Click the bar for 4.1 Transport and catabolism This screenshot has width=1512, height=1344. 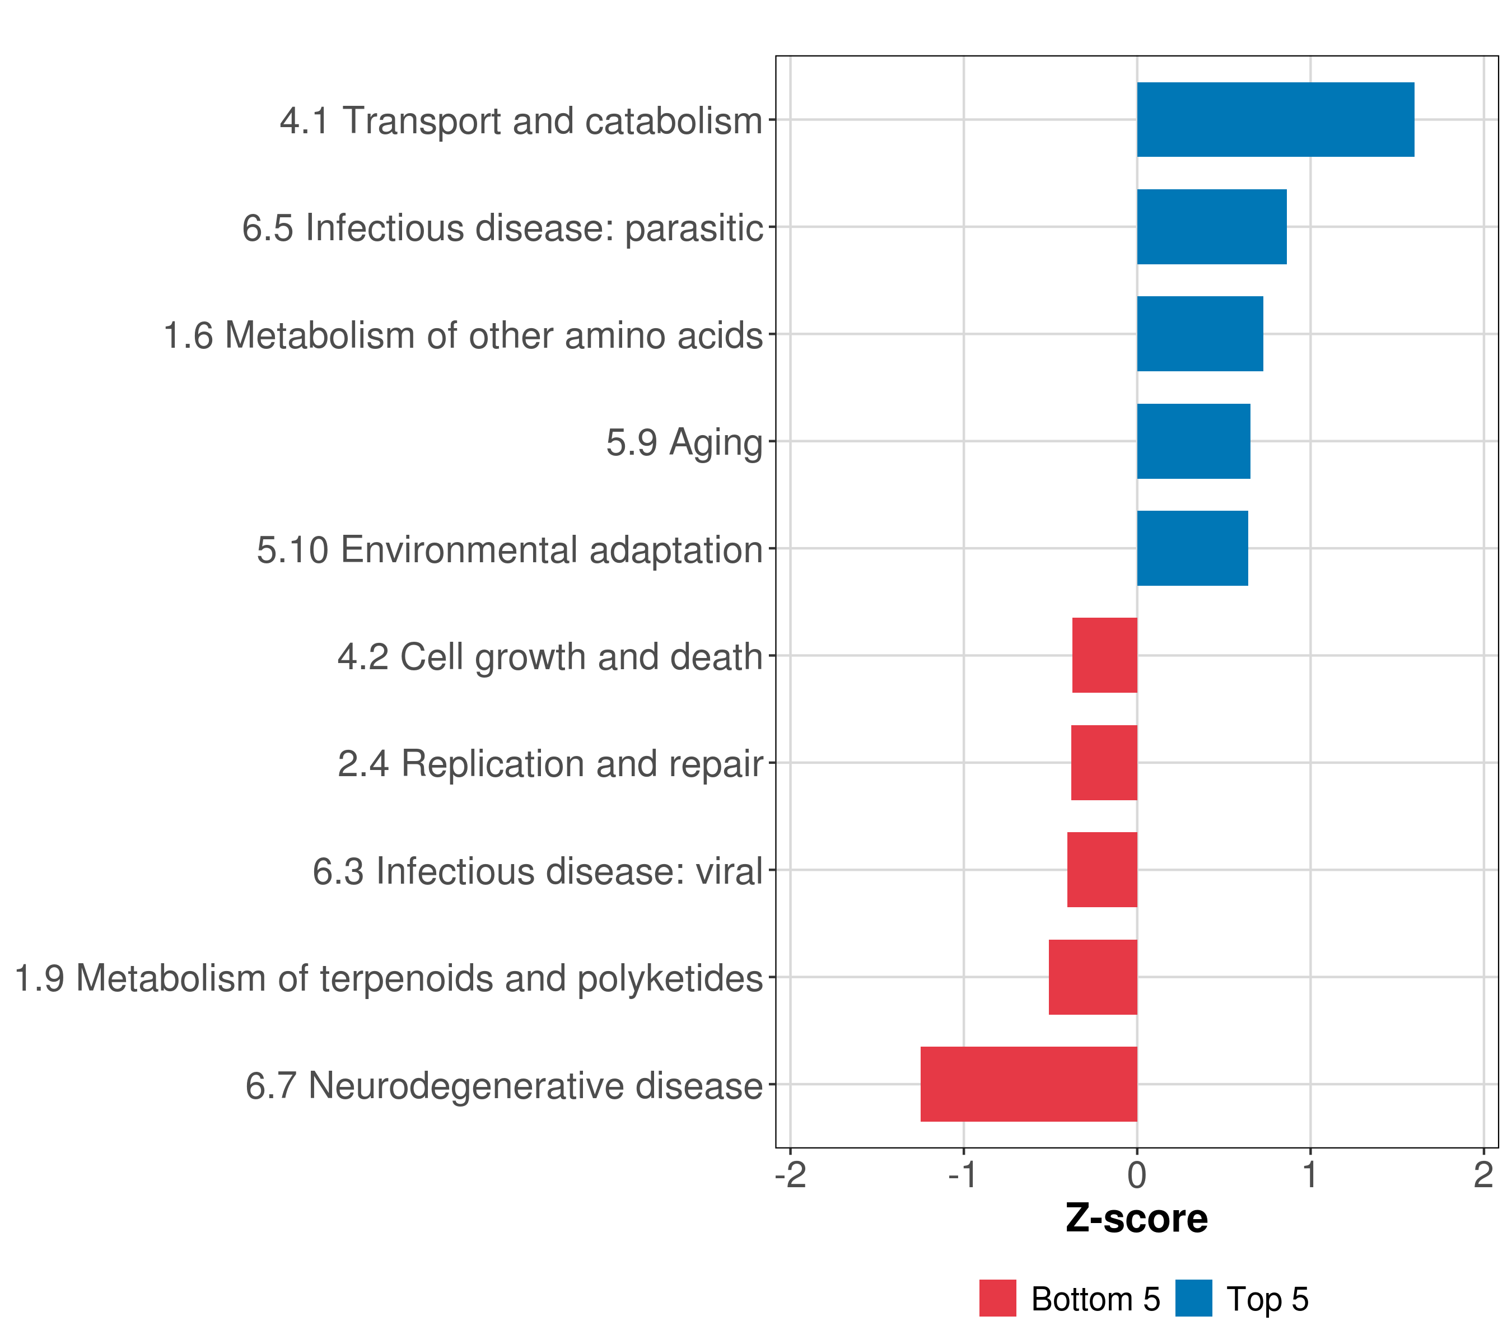click(x=1275, y=119)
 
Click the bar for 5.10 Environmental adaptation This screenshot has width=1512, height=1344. click(x=1192, y=548)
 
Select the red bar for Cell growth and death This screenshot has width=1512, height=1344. click(x=1104, y=655)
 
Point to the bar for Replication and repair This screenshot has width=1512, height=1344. click(x=1103, y=763)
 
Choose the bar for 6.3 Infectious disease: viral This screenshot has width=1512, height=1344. click(x=1102, y=870)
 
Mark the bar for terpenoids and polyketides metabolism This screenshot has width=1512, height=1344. click(x=1092, y=977)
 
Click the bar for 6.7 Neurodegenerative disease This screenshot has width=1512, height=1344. click(x=1028, y=1084)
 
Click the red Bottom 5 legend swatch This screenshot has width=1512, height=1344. click(x=997, y=1299)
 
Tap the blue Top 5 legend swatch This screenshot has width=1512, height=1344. click(x=1193, y=1299)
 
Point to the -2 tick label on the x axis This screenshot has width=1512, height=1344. click(x=790, y=1175)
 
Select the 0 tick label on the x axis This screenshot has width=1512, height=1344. click(x=1137, y=1175)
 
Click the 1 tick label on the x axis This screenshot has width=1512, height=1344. click(x=1310, y=1175)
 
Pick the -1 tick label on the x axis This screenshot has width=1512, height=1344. click(x=963, y=1175)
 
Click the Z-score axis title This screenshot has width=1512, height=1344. click(x=1136, y=1219)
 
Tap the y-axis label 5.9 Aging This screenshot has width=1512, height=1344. click(x=684, y=442)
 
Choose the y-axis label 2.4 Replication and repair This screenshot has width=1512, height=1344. click(x=549, y=764)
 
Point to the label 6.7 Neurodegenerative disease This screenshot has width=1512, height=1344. click(x=504, y=1086)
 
